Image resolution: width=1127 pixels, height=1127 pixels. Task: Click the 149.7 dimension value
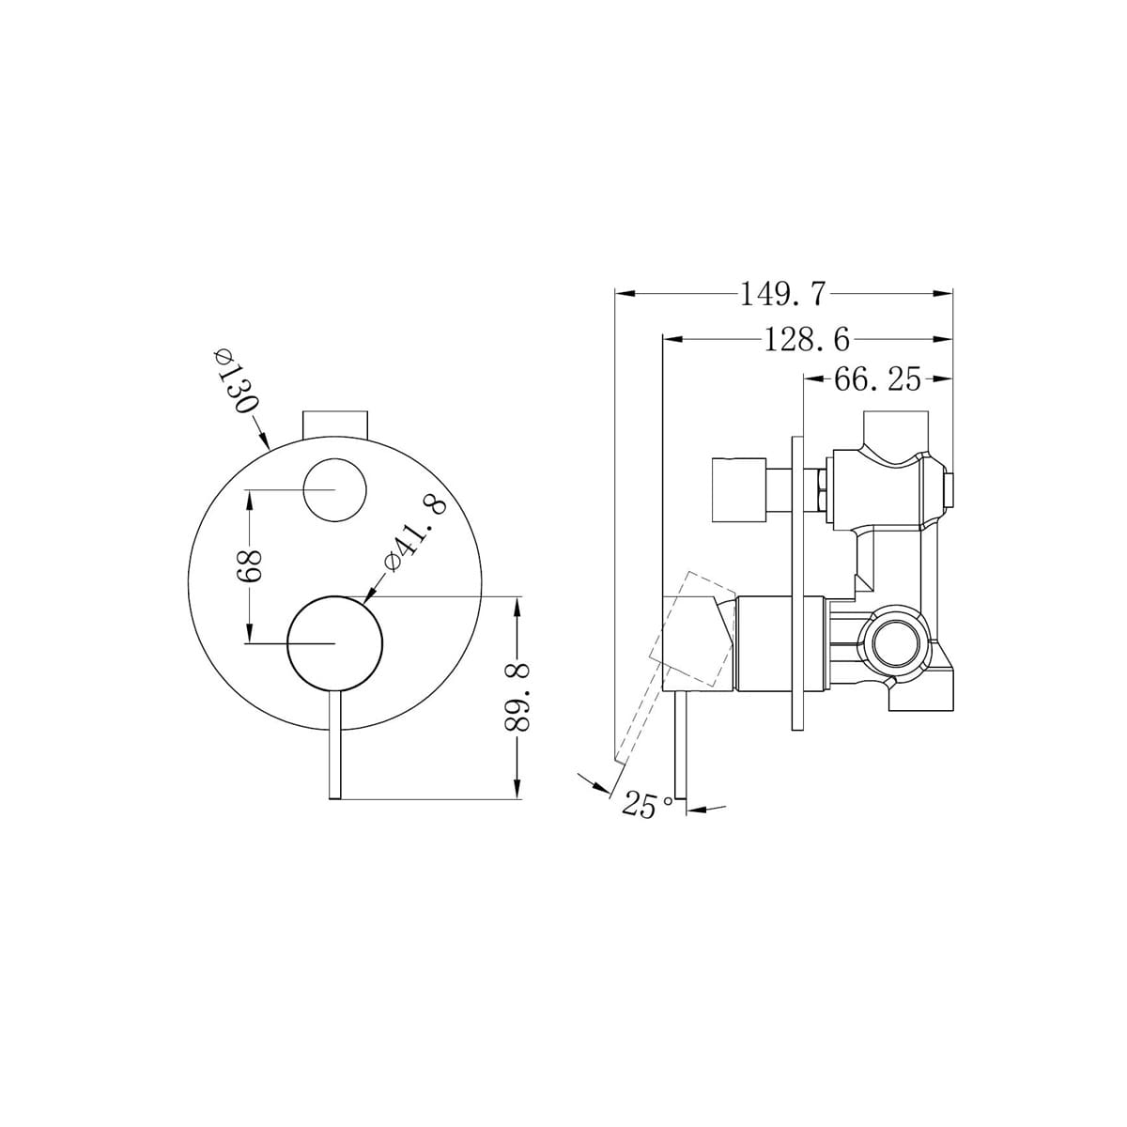(x=782, y=295)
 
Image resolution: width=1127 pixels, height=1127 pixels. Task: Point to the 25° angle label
(x=647, y=805)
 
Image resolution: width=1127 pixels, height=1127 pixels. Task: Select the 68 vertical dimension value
(x=249, y=566)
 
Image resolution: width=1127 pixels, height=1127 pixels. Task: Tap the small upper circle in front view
(x=335, y=490)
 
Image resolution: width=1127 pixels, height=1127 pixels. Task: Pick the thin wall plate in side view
(x=799, y=582)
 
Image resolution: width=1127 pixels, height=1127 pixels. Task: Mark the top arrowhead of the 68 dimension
(x=249, y=500)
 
